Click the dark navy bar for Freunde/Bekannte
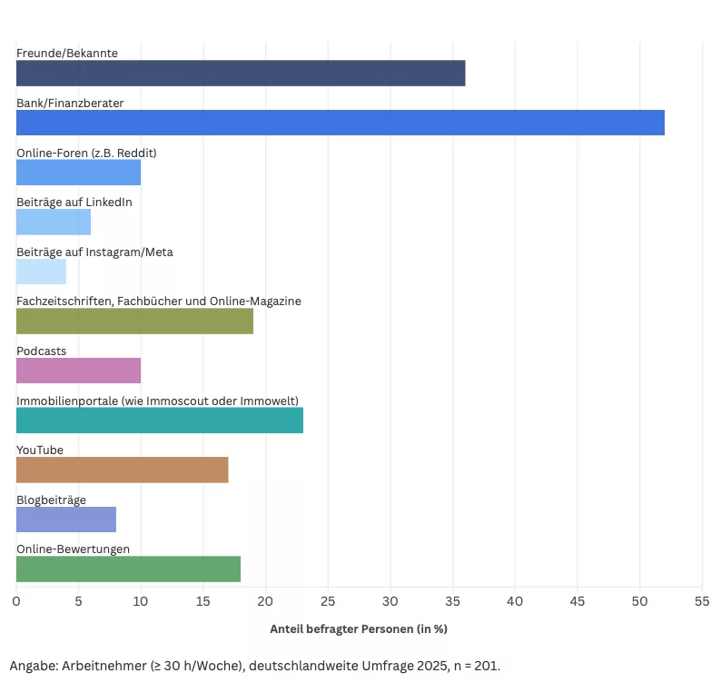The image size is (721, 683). click(241, 74)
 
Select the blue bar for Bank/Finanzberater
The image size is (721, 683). click(341, 123)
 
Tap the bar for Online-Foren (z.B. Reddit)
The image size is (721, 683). click(78, 173)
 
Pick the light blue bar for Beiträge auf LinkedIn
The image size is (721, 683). click(54, 222)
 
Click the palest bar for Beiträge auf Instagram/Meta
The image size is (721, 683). click(41, 272)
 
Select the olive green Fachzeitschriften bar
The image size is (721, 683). click(134, 321)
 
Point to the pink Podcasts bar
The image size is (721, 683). click(78, 371)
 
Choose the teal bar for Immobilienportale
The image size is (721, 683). click(160, 420)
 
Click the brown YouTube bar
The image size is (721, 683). click(123, 470)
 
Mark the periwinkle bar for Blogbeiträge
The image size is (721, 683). click(66, 519)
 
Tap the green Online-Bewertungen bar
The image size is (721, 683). click(128, 569)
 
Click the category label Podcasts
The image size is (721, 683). click(41, 351)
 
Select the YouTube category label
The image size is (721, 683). click(40, 450)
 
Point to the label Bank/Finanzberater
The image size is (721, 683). click(70, 104)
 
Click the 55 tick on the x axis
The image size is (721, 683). click(702, 601)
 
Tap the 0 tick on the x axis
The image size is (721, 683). click(16, 601)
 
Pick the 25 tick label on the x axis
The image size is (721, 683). click(328, 601)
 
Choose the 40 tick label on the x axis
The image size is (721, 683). click(515, 601)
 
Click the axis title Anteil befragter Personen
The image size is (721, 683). click(359, 629)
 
